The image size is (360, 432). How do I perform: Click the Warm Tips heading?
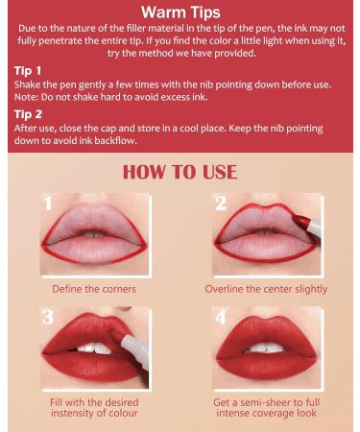(180, 12)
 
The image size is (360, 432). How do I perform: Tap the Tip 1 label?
(28, 71)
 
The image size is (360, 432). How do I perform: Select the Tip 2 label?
(28, 113)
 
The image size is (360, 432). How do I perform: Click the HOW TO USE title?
(180, 173)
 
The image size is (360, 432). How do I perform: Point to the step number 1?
(49, 204)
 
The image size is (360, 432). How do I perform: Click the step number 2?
(220, 204)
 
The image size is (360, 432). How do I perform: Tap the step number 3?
(49, 318)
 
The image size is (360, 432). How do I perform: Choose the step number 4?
(220, 318)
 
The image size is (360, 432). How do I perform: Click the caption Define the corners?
(93, 289)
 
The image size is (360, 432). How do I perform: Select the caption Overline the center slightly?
(266, 289)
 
